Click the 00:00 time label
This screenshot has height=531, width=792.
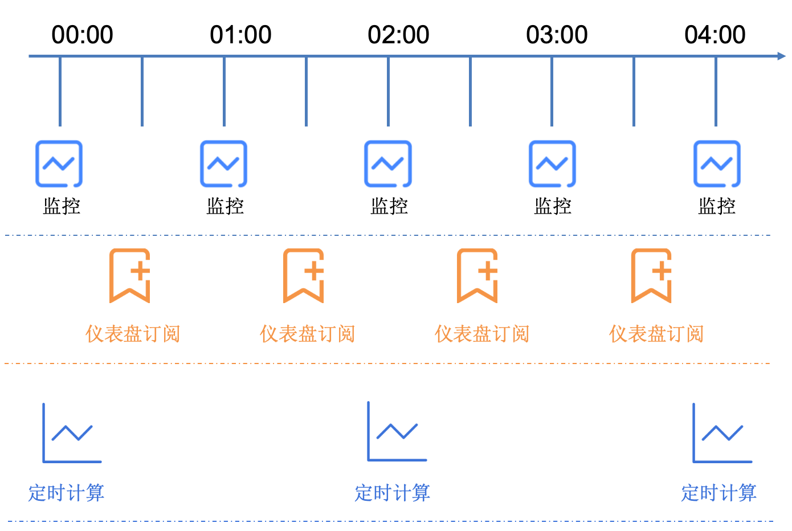tap(82, 35)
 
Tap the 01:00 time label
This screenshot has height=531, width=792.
tap(240, 35)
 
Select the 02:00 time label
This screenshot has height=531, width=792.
tap(398, 35)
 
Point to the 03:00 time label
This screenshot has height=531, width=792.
tap(557, 35)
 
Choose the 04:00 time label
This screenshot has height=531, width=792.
tap(715, 35)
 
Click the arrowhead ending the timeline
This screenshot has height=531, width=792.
tap(781, 56)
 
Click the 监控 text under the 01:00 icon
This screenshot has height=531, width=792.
tap(225, 206)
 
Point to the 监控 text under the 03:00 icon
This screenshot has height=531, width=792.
tap(553, 206)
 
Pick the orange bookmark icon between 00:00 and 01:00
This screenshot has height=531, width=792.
tap(111, 276)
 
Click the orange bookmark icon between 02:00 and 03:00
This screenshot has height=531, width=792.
tap(459, 276)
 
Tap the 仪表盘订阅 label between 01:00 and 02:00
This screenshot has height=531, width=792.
tap(307, 334)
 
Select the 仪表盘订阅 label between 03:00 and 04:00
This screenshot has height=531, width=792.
tap(656, 334)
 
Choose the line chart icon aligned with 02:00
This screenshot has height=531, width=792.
tap(369, 431)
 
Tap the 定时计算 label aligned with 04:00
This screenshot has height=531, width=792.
tap(719, 493)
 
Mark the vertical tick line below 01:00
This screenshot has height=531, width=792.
tap(224, 91)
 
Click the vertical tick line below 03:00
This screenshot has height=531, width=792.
tap(552, 91)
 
